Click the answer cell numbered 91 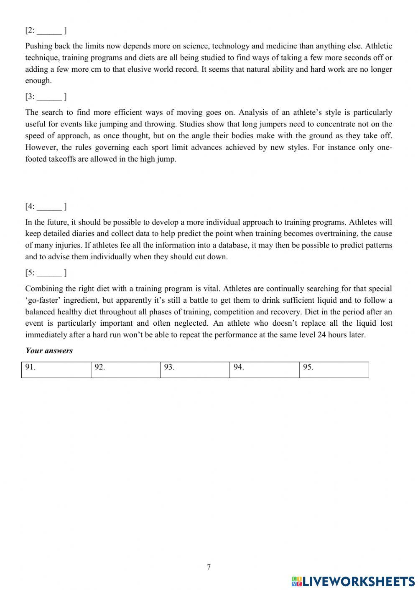[x=56, y=370]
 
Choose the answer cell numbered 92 [x=125, y=370]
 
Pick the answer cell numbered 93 [x=195, y=370]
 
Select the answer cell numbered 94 [x=264, y=370]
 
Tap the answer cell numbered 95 [x=334, y=370]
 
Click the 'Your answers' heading [x=49, y=351]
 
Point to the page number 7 [x=209, y=567]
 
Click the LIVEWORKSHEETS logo [x=353, y=581]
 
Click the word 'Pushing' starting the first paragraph [x=38, y=46]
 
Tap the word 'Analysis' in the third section [x=253, y=112]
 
